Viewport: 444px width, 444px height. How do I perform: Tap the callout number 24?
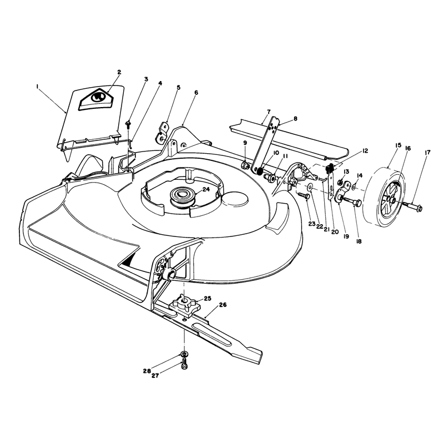pos(206,189)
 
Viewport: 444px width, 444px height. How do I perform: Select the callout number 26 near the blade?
pos(223,305)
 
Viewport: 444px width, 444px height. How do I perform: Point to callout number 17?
pos(427,153)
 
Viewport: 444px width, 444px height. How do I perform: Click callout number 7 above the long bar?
pos(269,112)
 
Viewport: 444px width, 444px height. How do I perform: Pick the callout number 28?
pos(147,371)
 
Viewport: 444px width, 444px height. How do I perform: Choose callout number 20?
pos(335,231)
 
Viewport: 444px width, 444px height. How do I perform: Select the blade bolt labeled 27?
pos(184,365)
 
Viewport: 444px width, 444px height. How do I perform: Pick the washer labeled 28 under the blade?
pos(185,354)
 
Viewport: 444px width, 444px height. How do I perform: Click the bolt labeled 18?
pos(352,201)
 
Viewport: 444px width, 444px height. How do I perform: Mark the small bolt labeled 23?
pos(303,195)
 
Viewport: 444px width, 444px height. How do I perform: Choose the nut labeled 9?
pos(245,164)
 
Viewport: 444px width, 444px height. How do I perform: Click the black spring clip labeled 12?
pos(330,169)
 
